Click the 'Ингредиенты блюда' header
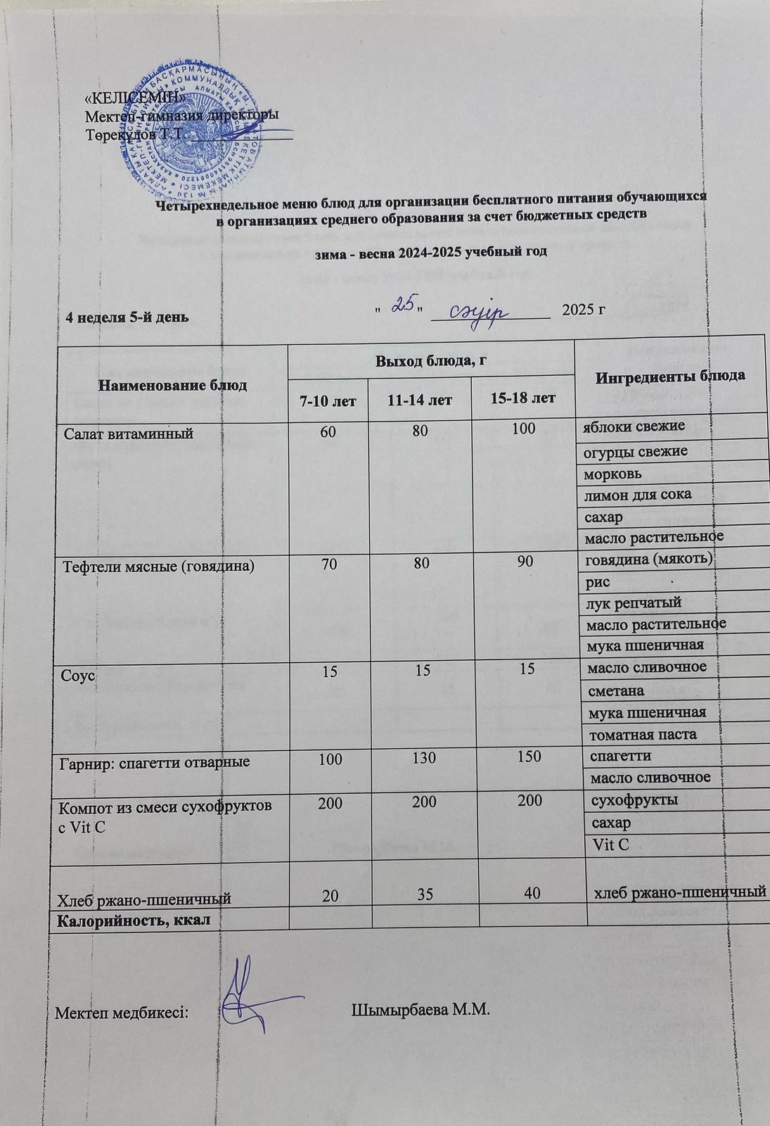click(671, 377)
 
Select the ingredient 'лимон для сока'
click(638, 494)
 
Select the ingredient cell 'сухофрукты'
click(634, 799)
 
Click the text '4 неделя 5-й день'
click(126, 316)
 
